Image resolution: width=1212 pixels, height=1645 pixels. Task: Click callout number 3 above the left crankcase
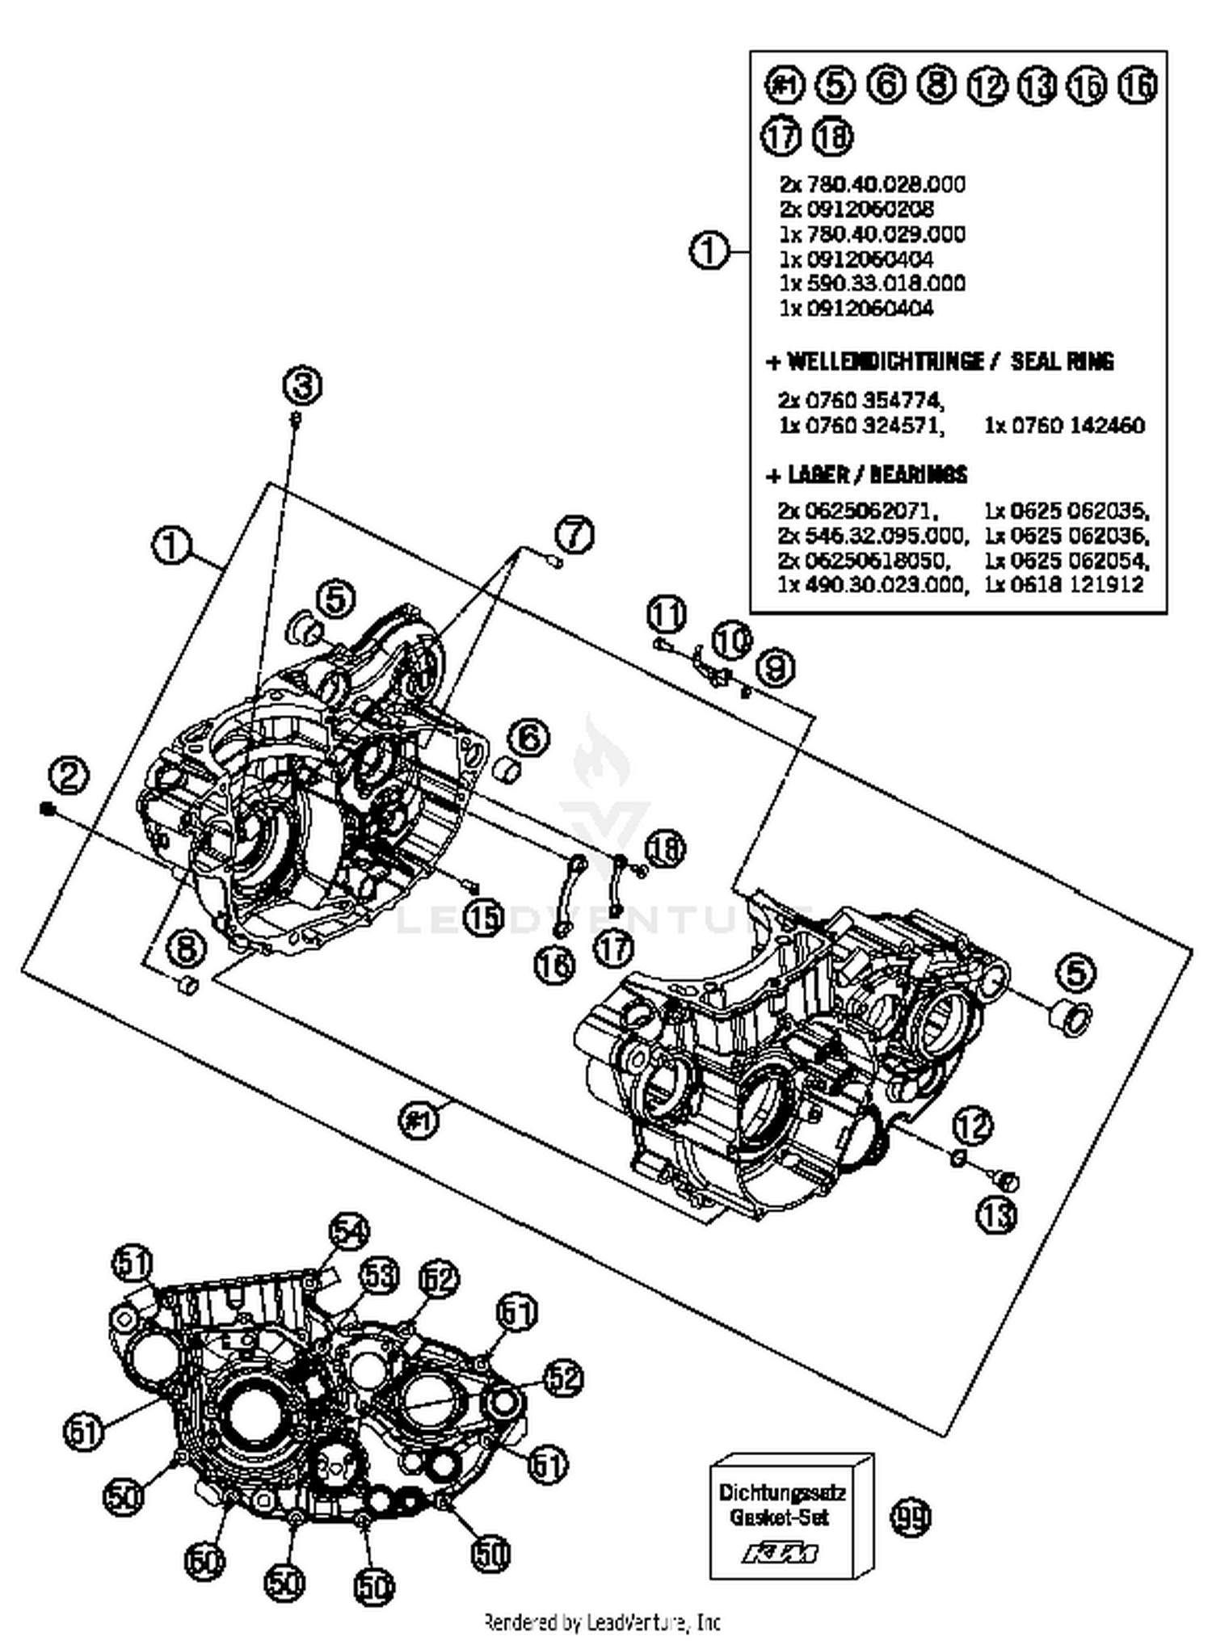click(303, 387)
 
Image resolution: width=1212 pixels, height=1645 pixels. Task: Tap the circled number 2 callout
click(69, 776)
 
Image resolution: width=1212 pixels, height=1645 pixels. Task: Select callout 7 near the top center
click(574, 535)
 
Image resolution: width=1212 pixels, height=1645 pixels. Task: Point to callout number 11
click(667, 615)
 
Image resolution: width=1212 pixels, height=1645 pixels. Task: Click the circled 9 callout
click(775, 667)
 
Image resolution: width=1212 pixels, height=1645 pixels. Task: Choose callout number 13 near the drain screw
click(997, 1214)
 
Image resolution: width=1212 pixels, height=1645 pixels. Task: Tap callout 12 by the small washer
click(972, 1125)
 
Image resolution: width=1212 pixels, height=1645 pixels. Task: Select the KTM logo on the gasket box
click(781, 1553)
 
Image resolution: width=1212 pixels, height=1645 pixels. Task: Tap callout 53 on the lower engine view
click(379, 1276)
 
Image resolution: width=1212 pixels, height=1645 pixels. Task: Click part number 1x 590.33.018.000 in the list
click(872, 284)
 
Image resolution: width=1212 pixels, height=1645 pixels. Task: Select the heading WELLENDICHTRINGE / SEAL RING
click(941, 361)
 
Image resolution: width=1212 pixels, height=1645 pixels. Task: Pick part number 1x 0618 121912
click(1063, 584)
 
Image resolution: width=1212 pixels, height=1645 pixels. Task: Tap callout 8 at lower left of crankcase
click(187, 948)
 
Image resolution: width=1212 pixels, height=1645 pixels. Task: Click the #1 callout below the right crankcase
click(419, 1121)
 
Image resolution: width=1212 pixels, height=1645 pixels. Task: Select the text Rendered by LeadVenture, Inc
click(602, 1622)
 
